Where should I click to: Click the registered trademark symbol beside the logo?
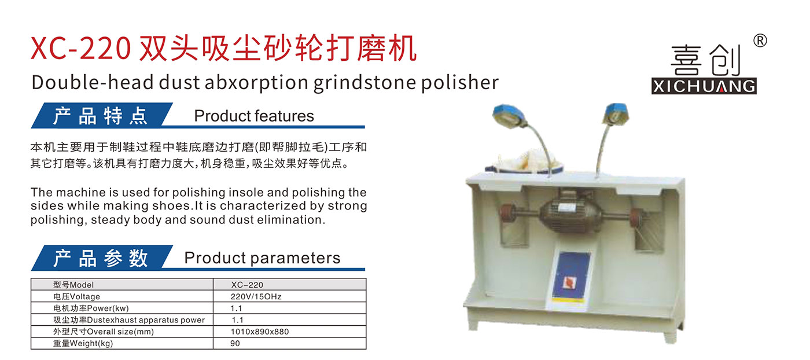pyautogui.click(x=760, y=41)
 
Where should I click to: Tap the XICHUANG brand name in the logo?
pyautogui.click(x=704, y=86)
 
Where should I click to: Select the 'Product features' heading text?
pyautogui.click(x=254, y=116)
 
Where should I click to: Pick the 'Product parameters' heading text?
pyautogui.click(x=262, y=258)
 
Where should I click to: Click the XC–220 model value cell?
pyautogui.click(x=247, y=285)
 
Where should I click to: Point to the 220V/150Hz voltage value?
pyautogui.click(x=256, y=297)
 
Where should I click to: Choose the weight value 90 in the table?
pyautogui.click(x=235, y=343)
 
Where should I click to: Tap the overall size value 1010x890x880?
pyautogui.click(x=260, y=332)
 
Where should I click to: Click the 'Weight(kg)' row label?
pyautogui.click(x=83, y=343)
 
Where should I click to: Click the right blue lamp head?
pyautogui.click(x=616, y=114)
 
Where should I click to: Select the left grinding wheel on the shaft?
pyautogui.click(x=507, y=214)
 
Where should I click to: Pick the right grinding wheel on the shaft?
pyautogui.click(x=638, y=217)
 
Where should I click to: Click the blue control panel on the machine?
pyautogui.click(x=570, y=275)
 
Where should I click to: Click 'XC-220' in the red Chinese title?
pyautogui.click(x=80, y=49)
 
